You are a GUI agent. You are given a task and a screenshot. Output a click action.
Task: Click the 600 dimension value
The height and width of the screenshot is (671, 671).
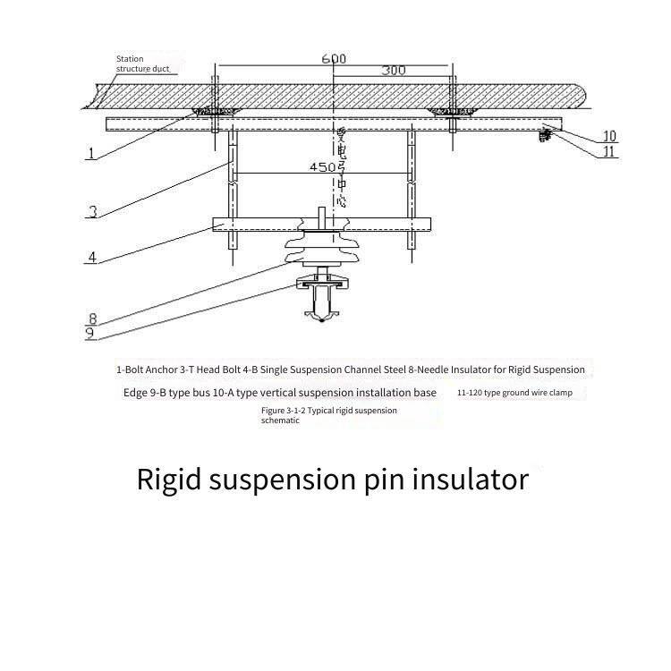[334, 58]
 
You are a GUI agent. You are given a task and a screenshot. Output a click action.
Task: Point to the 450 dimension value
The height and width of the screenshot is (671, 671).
[322, 167]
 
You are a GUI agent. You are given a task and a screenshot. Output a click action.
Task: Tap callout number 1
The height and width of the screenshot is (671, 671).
[90, 153]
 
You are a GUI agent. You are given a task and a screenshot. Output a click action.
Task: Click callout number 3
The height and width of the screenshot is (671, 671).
[92, 212]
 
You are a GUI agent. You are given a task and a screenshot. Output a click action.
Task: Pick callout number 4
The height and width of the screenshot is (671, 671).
[91, 258]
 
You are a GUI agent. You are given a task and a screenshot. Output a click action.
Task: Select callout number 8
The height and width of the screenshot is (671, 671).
[92, 318]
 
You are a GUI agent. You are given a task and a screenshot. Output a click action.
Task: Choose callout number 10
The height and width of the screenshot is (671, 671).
[608, 136]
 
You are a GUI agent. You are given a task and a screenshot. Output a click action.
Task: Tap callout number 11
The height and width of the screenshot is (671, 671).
[608, 151]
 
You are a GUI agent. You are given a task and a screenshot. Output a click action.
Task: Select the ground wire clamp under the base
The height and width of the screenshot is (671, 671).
[543, 134]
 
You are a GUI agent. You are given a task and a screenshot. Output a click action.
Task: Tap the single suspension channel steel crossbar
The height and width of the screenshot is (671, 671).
[321, 224]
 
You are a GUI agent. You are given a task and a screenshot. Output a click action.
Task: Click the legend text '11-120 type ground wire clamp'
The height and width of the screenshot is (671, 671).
[521, 393]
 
